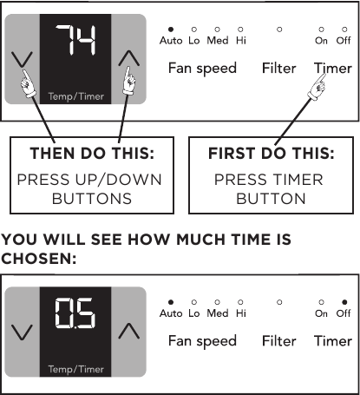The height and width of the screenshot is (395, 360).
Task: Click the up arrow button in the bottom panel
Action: click(128, 330)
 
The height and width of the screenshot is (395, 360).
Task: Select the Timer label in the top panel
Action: click(332, 68)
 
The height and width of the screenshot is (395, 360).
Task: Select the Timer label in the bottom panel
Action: click(332, 340)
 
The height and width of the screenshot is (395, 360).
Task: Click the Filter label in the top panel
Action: click(278, 68)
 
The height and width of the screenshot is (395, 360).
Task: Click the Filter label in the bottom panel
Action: click(278, 340)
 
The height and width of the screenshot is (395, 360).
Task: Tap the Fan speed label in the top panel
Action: click(202, 69)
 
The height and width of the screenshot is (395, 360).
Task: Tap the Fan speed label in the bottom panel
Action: click(202, 341)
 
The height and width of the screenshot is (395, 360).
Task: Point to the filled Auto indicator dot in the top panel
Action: click(171, 30)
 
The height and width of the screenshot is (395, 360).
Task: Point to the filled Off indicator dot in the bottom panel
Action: click(344, 303)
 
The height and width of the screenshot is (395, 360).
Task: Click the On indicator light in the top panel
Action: click(322, 30)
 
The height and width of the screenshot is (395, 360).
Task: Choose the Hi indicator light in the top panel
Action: click(240, 30)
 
